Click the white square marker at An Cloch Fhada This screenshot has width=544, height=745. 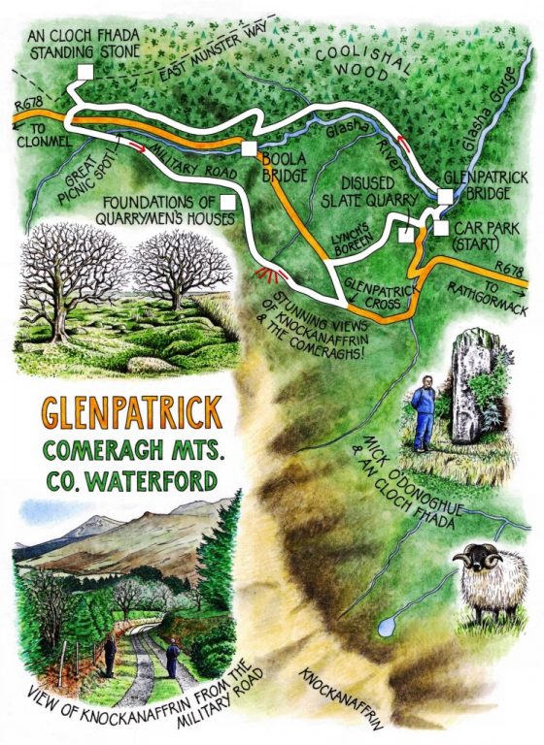85,72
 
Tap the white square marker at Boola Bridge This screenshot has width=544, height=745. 249,148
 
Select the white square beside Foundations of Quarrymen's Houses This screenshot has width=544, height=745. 227,201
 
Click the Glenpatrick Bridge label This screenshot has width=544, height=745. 476,184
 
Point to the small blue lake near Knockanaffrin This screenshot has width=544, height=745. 387,627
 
